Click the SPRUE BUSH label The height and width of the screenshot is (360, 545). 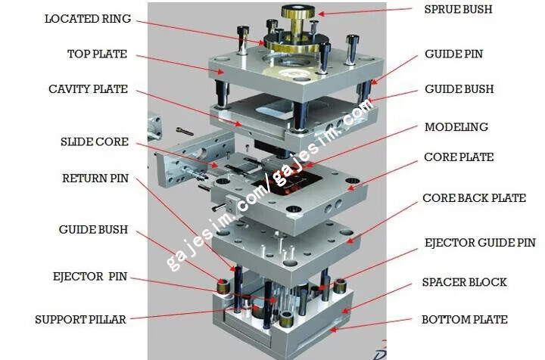[458, 9]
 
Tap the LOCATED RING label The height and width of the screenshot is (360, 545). [88, 19]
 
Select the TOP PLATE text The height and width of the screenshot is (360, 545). [98, 54]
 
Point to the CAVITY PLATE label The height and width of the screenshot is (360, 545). [89, 89]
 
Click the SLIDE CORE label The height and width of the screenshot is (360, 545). [95, 142]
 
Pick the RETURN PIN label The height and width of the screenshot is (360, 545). [95, 178]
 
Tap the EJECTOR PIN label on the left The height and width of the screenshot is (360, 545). [90, 277]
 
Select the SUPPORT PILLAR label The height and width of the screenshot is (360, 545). [81, 320]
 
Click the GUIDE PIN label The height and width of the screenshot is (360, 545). [454, 54]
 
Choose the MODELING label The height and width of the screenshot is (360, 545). [456, 127]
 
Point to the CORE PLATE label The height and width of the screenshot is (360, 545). [459, 157]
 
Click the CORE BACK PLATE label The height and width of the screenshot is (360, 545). [474, 198]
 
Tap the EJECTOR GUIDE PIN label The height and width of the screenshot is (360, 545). [480, 243]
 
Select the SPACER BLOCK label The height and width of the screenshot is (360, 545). [464, 282]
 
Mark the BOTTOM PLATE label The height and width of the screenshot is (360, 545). [465, 320]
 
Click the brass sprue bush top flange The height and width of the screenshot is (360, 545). [298, 11]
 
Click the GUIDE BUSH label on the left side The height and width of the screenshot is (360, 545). [94, 230]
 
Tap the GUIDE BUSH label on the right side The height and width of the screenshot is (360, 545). [459, 89]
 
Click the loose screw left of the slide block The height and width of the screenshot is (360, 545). [185, 132]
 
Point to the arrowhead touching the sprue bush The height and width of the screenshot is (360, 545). [321, 14]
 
